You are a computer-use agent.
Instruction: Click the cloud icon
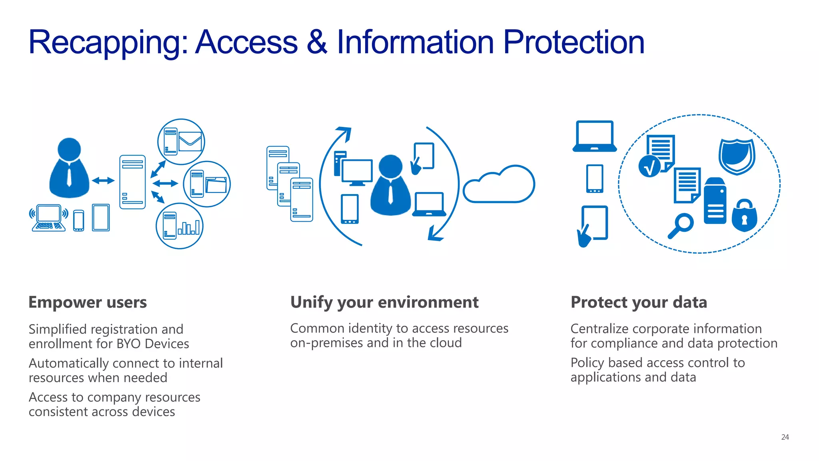pyautogui.click(x=499, y=185)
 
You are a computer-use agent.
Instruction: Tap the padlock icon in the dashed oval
pyautogui.click(x=744, y=216)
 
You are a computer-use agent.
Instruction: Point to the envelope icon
pyautogui.click(x=190, y=141)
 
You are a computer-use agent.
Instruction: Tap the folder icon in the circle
pyautogui.click(x=216, y=185)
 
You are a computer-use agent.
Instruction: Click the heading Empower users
pyautogui.click(x=88, y=302)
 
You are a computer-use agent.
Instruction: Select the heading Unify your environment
pyautogui.click(x=384, y=302)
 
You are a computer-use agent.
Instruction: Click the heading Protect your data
pyautogui.click(x=639, y=302)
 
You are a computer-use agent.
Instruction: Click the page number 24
pyautogui.click(x=785, y=437)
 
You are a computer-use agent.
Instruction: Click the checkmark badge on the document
pyautogui.click(x=649, y=166)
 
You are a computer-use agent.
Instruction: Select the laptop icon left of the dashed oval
pyautogui.click(x=595, y=136)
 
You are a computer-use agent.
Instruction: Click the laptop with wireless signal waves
pyautogui.click(x=48, y=218)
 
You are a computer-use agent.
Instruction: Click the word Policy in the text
pyautogui.click(x=587, y=363)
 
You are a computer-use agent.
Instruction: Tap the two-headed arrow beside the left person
pyautogui.click(x=103, y=180)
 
